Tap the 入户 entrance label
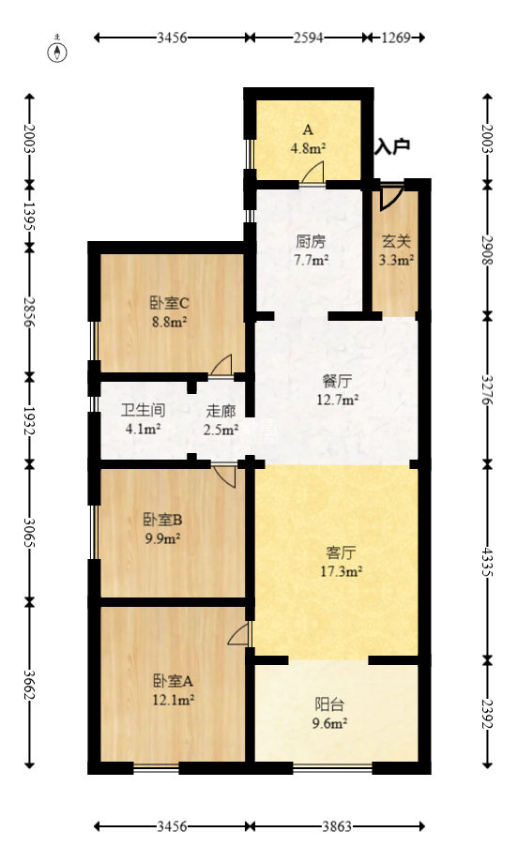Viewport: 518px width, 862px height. tap(392, 146)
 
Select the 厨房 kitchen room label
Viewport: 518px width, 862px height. tap(306, 240)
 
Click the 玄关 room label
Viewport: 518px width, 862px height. tap(395, 240)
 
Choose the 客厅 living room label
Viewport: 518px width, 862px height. tap(337, 552)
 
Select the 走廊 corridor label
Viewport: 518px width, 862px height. tap(221, 411)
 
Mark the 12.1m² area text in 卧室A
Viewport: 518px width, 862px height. tap(174, 699)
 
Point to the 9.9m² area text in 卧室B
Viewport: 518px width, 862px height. tap(162, 537)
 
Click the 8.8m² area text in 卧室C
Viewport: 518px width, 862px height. tap(169, 321)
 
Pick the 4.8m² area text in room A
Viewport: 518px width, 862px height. tap(307, 147)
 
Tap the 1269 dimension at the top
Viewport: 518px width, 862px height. tap(397, 38)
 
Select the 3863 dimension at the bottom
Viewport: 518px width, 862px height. tap(336, 826)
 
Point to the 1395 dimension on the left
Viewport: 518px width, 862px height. tap(30, 218)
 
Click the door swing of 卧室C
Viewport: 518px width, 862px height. tap(223, 365)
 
